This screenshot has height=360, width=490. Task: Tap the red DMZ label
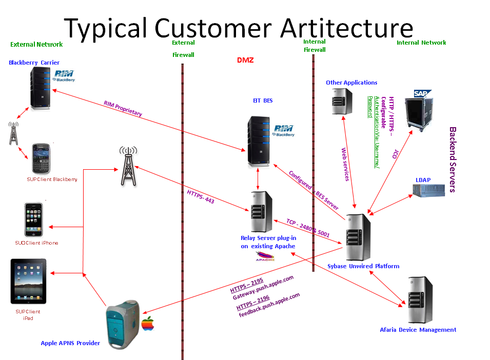pos(245,60)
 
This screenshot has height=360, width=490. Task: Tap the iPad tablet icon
pos(28,282)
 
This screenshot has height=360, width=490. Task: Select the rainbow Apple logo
pos(148,323)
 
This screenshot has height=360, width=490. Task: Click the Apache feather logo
pos(265,256)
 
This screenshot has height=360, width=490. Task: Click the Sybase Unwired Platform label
pos(363,266)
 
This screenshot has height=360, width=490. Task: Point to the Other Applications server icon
pos(341,101)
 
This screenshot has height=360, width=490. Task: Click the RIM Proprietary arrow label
pos(123,109)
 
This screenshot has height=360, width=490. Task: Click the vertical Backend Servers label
pos(453,159)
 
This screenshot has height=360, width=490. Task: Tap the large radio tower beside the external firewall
pos(128,166)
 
